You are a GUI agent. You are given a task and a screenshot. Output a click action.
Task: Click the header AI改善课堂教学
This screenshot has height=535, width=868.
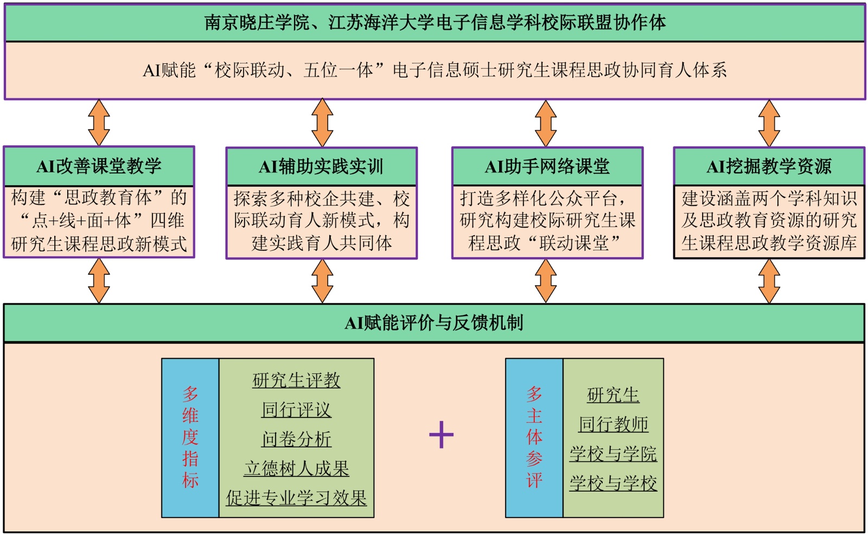pyautogui.click(x=99, y=166)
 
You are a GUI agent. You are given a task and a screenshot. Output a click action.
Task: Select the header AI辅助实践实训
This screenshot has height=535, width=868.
pyautogui.click(x=321, y=166)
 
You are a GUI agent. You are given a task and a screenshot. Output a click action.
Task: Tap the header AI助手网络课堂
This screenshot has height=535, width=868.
pyautogui.click(x=547, y=166)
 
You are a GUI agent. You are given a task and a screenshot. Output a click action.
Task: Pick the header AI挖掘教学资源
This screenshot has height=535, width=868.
pyautogui.click(x=769, y=166)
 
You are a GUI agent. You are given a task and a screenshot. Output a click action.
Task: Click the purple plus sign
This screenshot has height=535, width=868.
pyautogui.click(x=441, y=435)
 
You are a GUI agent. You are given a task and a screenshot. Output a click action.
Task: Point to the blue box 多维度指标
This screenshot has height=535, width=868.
pyautogui.click(x=190, y=437)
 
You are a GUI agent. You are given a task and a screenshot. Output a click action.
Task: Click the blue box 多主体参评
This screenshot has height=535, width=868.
pyautogui.click(x=534, y=437)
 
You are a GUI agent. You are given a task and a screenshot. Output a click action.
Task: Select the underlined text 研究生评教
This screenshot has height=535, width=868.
pyautogui.click(x=296, y=380)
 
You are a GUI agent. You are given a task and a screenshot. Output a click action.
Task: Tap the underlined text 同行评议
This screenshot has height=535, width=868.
pyautogui.click(x=296, y=410)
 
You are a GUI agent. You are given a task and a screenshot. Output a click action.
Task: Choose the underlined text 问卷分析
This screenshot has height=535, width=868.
pyautogui.click(x=296, y=439)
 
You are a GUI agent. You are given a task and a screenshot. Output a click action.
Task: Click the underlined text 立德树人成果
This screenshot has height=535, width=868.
pyautogui.click(x=296, y=468)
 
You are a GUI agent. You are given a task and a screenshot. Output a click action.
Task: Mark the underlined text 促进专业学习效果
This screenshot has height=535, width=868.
pyautogui.click(x=296, y=498)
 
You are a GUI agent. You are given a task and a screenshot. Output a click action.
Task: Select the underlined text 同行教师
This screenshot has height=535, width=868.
pyautogui.click(x=613, y=424)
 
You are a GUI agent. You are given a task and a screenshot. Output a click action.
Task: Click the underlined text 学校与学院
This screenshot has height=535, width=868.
pyautogui.click(x=613, y=454)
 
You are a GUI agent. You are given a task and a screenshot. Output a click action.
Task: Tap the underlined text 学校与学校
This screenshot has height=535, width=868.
pyautogui.click(x=613, y=483)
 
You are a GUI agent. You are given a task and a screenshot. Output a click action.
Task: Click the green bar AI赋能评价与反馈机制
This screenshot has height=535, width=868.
pyautogui.click(x=434, y=323)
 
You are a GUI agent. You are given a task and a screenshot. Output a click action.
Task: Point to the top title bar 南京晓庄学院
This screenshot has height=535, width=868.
pyautogui.click(x=434, y=23)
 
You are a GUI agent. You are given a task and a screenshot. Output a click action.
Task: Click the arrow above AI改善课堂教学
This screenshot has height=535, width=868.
pyautogui.click(x=99, y=123)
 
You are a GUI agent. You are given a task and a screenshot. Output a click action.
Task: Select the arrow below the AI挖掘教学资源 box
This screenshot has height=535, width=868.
pyautogui.click(x=769, y=281)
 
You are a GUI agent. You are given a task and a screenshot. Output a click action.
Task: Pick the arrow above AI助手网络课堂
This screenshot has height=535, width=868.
pyautogui.click(x=546, y=123)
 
